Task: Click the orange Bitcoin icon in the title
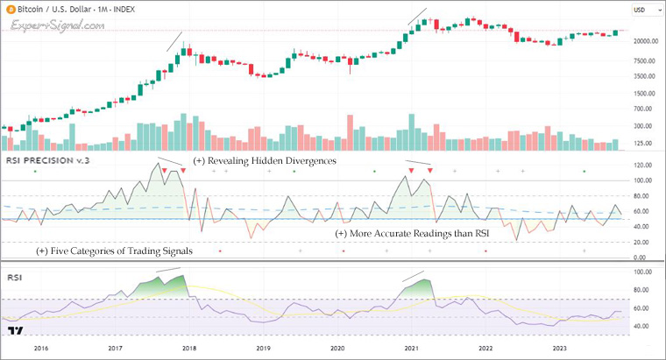8,9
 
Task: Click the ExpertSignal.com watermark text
58,25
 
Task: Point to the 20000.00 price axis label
647,41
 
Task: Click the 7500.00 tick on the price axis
647,60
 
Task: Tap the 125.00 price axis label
647,142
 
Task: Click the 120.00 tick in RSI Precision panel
645,165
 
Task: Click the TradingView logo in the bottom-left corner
14,331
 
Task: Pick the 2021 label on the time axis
412,348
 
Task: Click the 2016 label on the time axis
41,348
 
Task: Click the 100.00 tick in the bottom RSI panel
645,272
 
